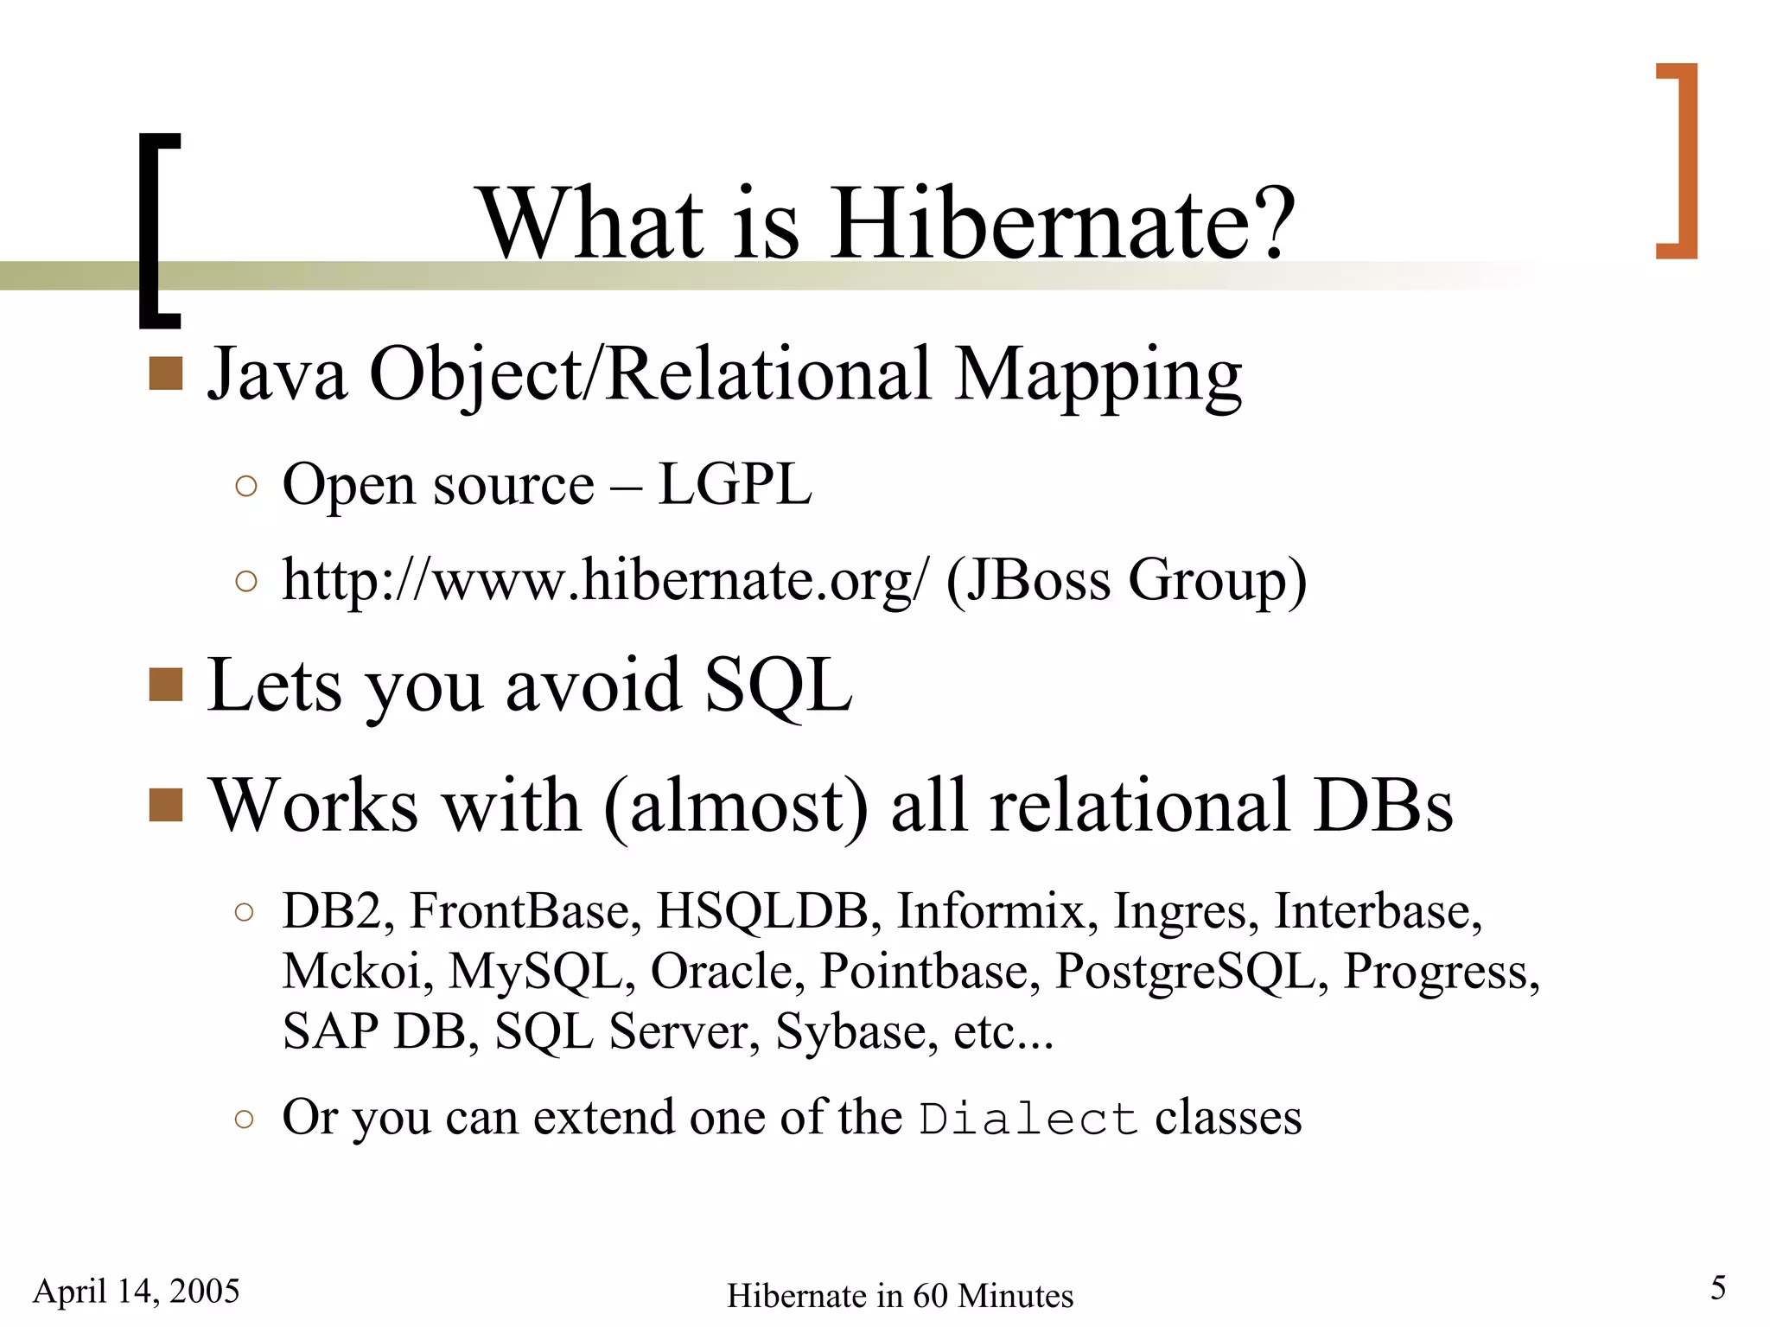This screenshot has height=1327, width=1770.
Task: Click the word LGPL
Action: tap(735, 484)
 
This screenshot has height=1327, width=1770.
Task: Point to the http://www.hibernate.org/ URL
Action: tap(605, 579)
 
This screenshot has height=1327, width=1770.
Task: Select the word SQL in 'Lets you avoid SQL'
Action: tap(778, 686)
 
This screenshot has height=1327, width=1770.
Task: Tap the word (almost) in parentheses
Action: tap(735, 806)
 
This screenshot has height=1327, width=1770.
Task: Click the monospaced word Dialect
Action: tap(1028, 1119)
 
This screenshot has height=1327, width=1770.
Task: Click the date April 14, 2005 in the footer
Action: tap(136, 1291)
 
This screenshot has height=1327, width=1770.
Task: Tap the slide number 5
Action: tap(1718, 1288)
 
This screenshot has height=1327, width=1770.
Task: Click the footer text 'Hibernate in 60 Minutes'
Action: tap(900, 1296)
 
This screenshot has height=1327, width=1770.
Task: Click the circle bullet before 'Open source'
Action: tap(245, 486)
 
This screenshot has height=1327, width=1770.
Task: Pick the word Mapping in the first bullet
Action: tap(1098, 375)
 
